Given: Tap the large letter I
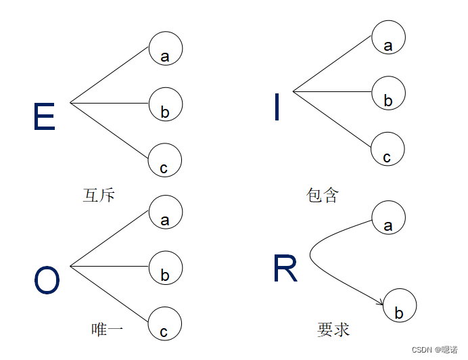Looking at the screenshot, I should click(277, 108).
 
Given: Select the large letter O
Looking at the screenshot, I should click(47, 281).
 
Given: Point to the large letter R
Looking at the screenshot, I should click(285, 269).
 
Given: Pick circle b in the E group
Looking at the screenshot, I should click(166, 104).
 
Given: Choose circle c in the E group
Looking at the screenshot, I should click(165, 160).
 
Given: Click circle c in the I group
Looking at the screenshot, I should click(388, 150).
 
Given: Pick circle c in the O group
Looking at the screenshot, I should click(165, 323).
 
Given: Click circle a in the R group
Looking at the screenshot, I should click(389, 218).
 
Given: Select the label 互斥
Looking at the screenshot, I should click(99, 196).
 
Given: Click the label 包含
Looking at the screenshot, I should click(322, 196).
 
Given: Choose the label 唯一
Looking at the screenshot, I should click(107, 330).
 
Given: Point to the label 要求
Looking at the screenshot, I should click(333, 330).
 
